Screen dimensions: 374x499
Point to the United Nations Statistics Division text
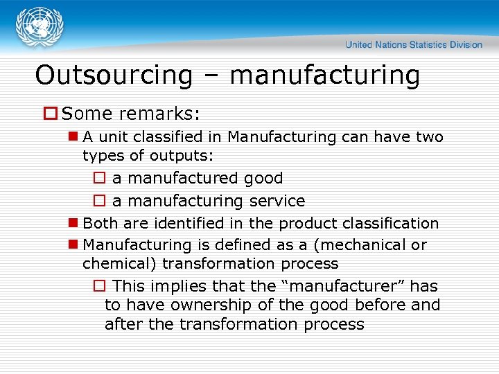tap(414, 44)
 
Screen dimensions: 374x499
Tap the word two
tap(430, 137)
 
